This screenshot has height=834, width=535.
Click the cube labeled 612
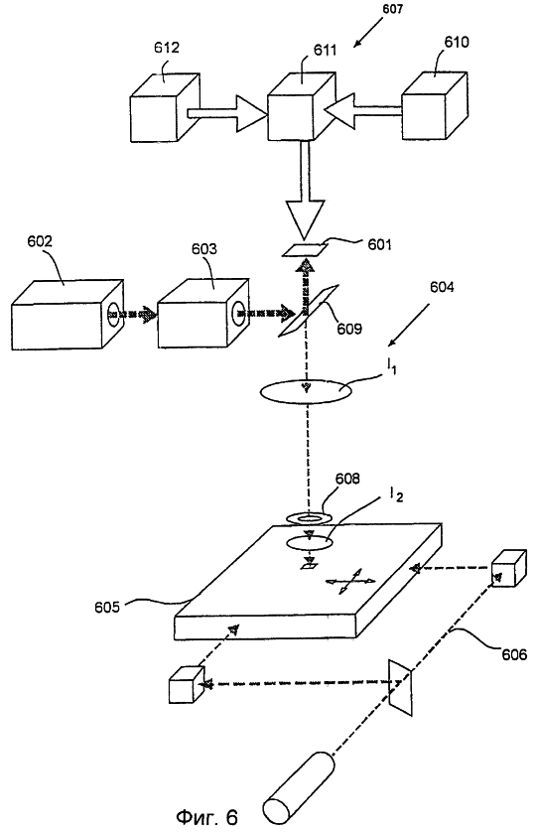[x=165, y=107]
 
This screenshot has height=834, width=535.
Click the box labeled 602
[x=67, y=315]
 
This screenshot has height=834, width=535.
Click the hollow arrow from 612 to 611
[x=226, y=113]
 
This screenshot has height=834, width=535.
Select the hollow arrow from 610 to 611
[x=362, y=110]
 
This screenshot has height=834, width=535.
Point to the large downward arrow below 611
[x=305, y=191]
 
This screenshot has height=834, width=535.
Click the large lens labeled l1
[x=306, y=392]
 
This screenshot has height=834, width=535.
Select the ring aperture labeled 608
[x=309, y=516]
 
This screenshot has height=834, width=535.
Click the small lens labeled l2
[x=310, y=542]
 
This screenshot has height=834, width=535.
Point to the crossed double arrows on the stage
[x=350, y=581]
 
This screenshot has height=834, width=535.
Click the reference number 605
[x=107, y=607]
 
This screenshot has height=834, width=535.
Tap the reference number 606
[x=514, y=653]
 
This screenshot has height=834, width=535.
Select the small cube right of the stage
[x=509, y=569]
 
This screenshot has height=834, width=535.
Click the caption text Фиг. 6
[x=206, y=816]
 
